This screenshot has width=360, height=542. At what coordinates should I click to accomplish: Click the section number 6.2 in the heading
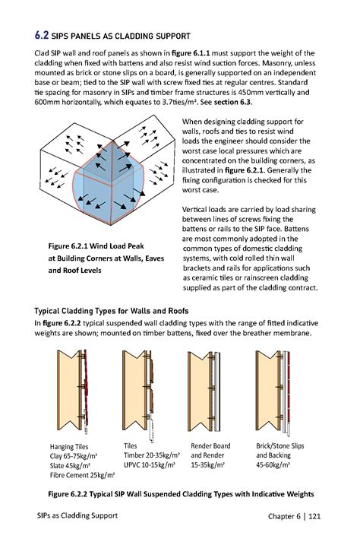coord(42,35)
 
